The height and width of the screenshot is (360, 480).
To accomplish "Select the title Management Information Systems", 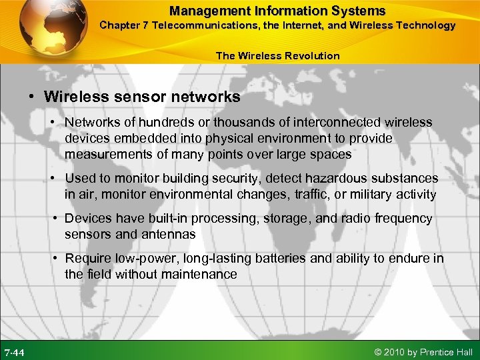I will pos(277,11).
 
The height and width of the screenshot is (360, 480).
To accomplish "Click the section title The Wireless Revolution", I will pos(277,55).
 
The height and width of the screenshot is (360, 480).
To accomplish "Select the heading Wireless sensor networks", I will pos(142,97).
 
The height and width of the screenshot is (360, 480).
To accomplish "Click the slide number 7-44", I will pos(15,351).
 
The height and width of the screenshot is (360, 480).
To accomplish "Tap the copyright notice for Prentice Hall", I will pos(423,351).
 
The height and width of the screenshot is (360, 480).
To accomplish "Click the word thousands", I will pos(223,123).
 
